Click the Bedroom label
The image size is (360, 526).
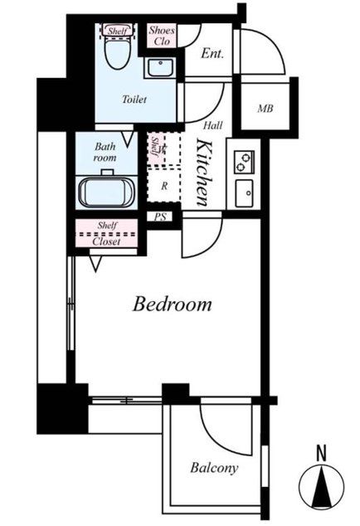pyautogui.click(x=172, y=304)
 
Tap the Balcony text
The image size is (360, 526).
pyautogui.click(x=214, y=468)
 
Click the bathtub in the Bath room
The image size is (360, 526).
pyautogui.click(x=107, y=192)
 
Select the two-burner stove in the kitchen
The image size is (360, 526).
pyautogui.click(x=244, y=162)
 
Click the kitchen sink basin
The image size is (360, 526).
pyautogui.click(x=244, y=193)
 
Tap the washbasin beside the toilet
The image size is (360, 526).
pyautogui.click(x=160, y=68)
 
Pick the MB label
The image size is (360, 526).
pyautogui.click(x=265, y=109)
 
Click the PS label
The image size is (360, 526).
pyautogui.click(x=160, y=217)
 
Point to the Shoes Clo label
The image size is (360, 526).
pyautogui.click(x=162, y=36)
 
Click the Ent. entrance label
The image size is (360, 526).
pyautogui.click(x=212, y=54)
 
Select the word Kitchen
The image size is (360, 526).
pyautogui.click(x=204, y=173)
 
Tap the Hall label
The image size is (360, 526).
pyautogui.click(x=212, y=125)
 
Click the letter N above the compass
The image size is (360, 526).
pyautogui.click(x=321, y=453)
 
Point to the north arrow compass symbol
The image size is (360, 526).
pyautogui.click(x=321, y=487)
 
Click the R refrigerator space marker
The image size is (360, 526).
pyautogui.click(x=164, y=186)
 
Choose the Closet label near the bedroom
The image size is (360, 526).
pyautogui.click(x=106, y=241)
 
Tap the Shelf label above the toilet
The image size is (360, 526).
pyautogui.click(x=117, y=32)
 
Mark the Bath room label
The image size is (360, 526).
pyautogui.click(x=105, y=152)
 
